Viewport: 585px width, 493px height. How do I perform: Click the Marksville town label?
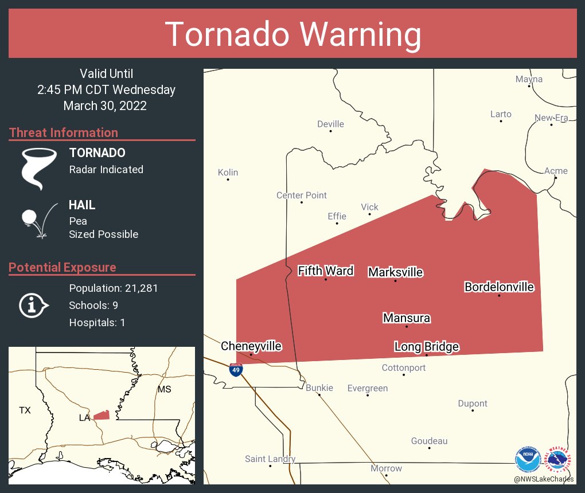point(395,272)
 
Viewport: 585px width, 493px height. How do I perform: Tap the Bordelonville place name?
point(499,287)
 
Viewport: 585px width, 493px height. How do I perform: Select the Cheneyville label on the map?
point(251,346)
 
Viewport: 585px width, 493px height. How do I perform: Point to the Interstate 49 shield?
point(236,370)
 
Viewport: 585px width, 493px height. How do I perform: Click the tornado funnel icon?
point(38,169)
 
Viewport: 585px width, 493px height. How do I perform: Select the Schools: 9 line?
point(93,305)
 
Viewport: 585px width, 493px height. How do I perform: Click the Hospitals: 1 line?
point(97,322)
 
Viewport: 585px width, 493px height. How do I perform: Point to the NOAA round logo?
point(528,459)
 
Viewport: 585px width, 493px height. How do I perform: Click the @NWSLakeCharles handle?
point(544,479)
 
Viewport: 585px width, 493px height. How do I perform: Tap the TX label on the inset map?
point(25,410)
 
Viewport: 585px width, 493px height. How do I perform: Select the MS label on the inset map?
point(164,390)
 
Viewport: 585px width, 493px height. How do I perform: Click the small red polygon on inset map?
point(101,415)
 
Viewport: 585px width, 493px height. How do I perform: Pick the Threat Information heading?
point(64,132)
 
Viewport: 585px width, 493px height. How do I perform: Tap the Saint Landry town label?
point(270,459)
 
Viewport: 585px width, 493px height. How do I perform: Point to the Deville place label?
point(330,124)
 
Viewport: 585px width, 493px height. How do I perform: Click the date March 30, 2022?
point(105,105)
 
